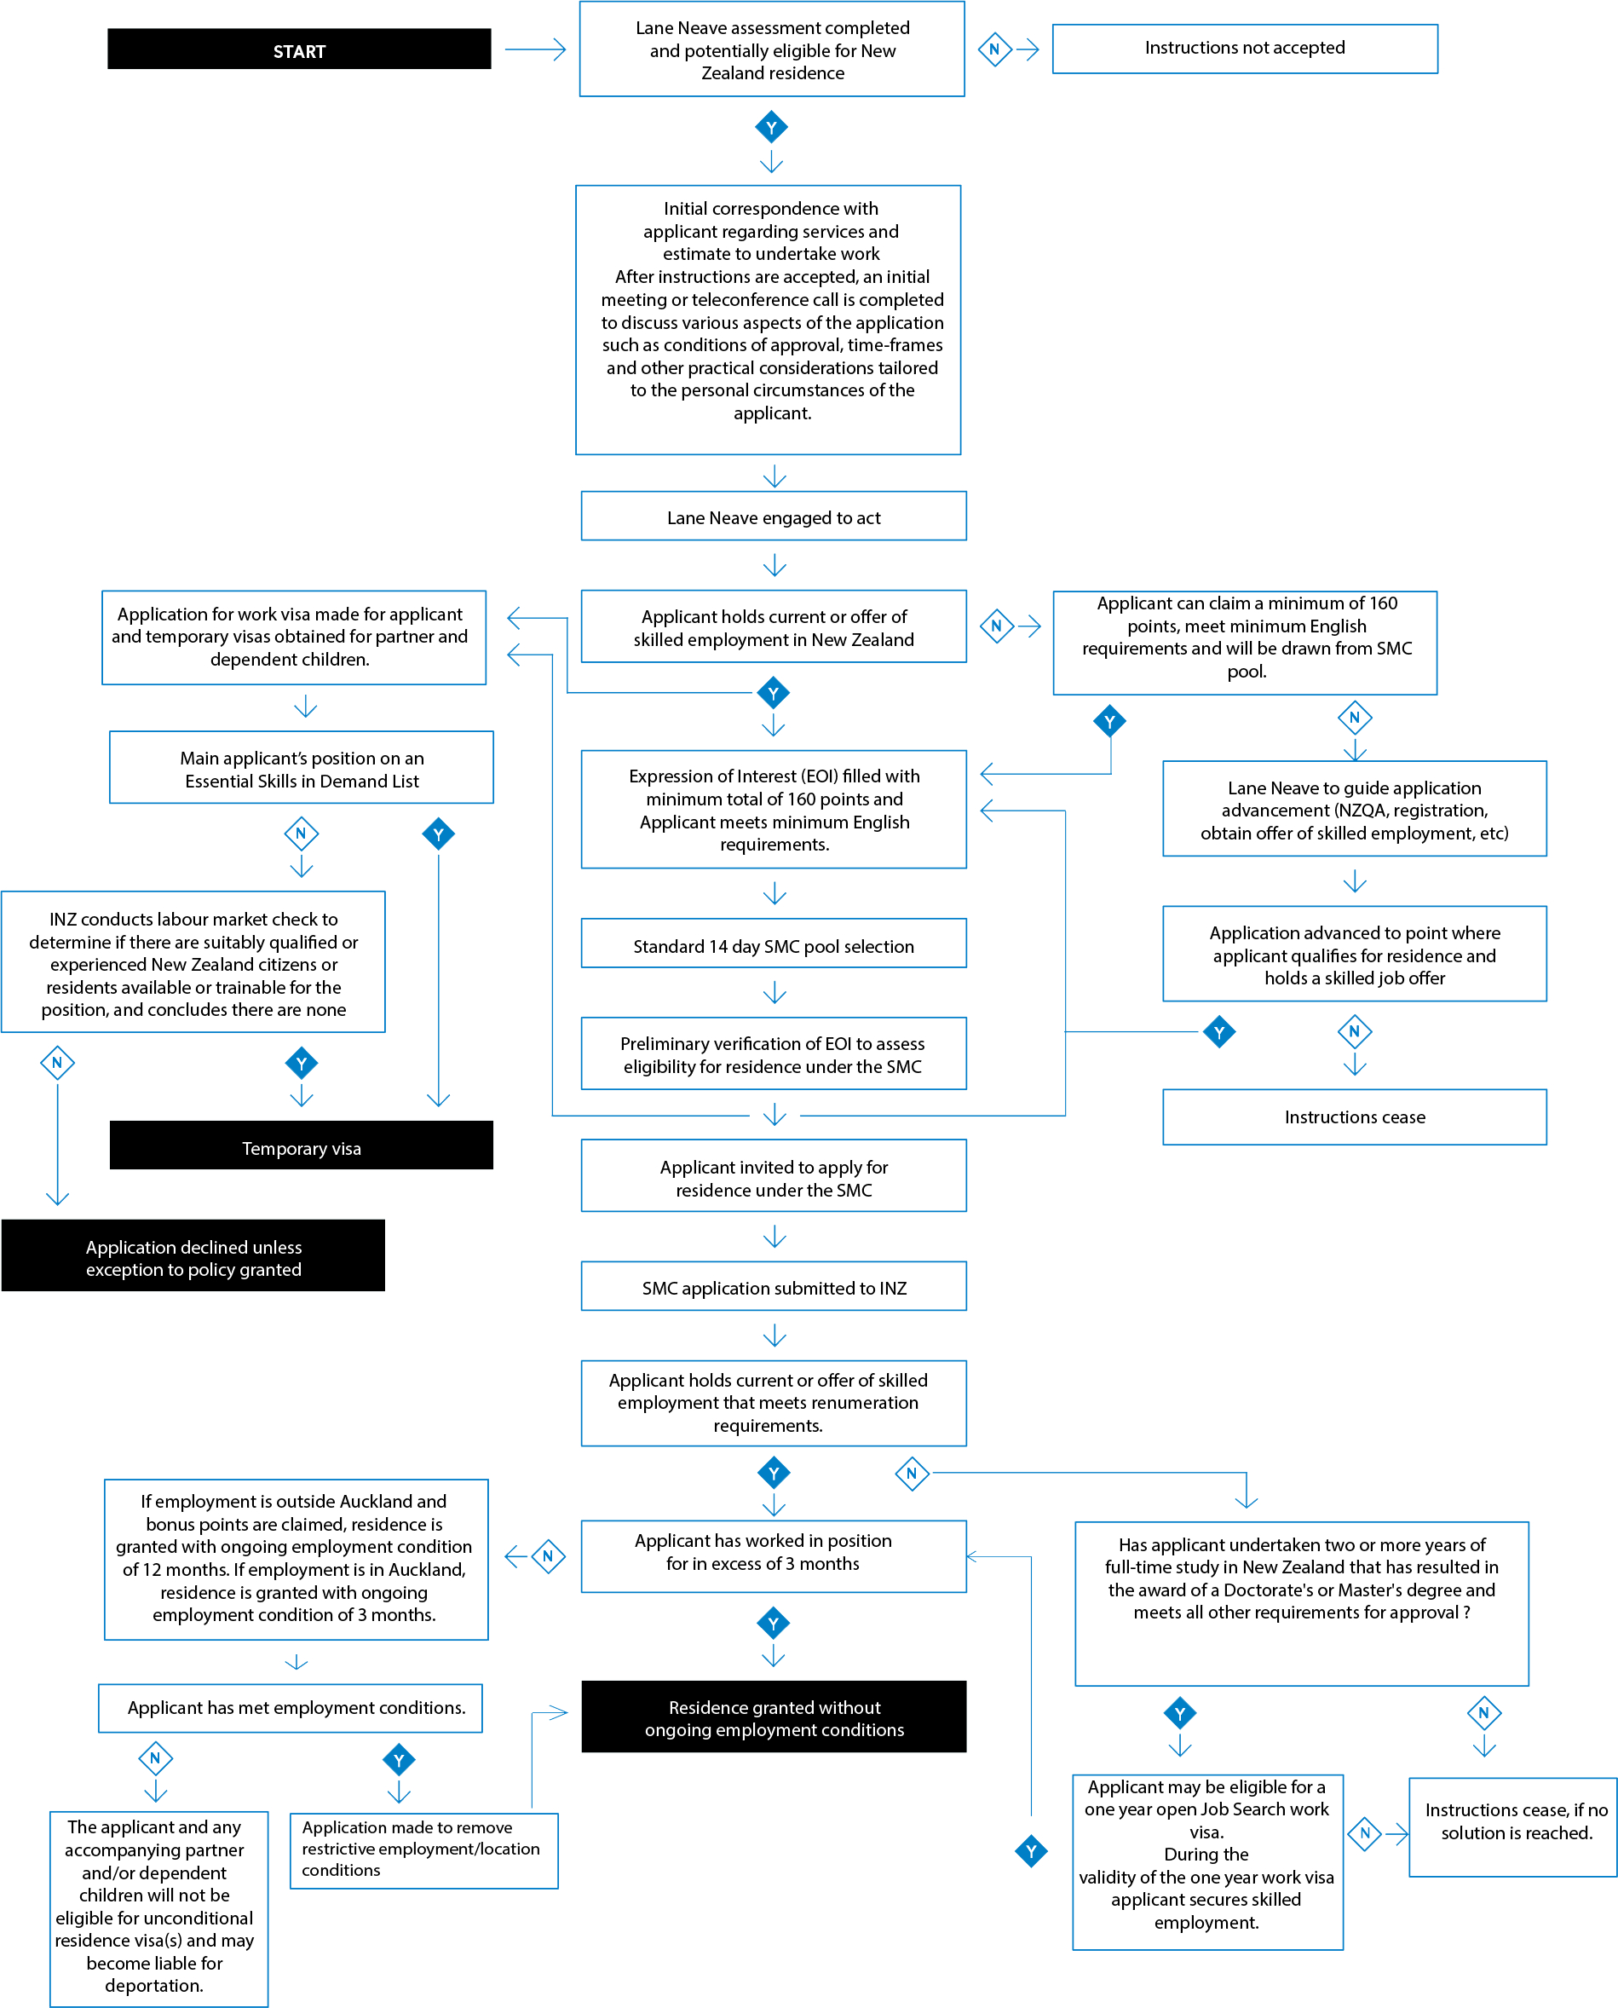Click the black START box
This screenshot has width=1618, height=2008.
coord(299,49)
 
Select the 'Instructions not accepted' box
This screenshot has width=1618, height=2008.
coord(1244,49)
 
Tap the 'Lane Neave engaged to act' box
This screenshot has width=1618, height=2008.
coord(774,516)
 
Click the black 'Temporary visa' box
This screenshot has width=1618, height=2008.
coord(301,1145)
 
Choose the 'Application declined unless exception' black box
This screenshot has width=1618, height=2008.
coord(193,1255)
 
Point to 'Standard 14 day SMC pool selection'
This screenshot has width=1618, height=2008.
coord(774,944)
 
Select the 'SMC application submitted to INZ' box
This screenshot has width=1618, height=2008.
coord(774,1286)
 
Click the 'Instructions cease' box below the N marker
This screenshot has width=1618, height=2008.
coord(1354,1117)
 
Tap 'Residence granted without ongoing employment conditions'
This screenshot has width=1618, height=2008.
coord(774,1717)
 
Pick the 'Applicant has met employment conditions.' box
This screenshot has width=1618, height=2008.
coord(291,1709)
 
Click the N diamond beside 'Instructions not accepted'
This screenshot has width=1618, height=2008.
coord(994,49)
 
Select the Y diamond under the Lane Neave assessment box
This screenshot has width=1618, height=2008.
coord(772,128)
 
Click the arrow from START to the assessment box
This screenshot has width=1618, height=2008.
coord(535,49)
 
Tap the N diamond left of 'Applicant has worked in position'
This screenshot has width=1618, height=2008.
coord(548,1557)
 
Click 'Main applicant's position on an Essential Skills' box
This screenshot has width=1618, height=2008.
coord(301,767)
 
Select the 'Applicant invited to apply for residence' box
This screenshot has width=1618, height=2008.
coord(774,1175)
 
